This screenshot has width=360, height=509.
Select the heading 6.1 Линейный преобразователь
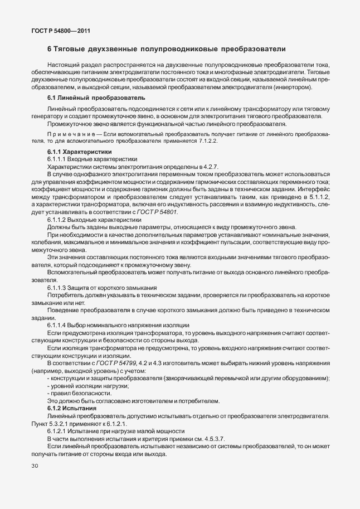[x=88, y=98]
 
